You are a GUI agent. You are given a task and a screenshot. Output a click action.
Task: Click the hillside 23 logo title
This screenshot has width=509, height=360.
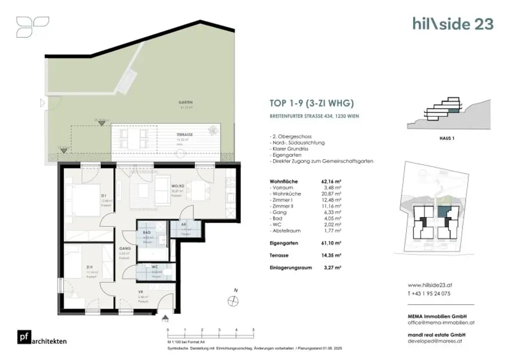[x=453, y=23]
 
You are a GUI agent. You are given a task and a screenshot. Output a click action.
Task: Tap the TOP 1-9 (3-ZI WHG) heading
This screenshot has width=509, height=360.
[x=311, y=104]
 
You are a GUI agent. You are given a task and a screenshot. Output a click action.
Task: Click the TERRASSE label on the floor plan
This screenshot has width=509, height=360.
[x=184, y=135]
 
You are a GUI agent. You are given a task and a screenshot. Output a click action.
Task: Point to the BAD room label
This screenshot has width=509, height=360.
[x=147, y=232]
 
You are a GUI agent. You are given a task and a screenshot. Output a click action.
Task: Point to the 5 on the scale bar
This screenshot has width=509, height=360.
[x=254, y=330]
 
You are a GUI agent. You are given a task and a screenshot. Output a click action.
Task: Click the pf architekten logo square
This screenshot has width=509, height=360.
[x=23, y=337]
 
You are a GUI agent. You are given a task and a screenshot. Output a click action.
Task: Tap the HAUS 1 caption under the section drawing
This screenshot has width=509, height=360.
[x=447, y=139]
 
